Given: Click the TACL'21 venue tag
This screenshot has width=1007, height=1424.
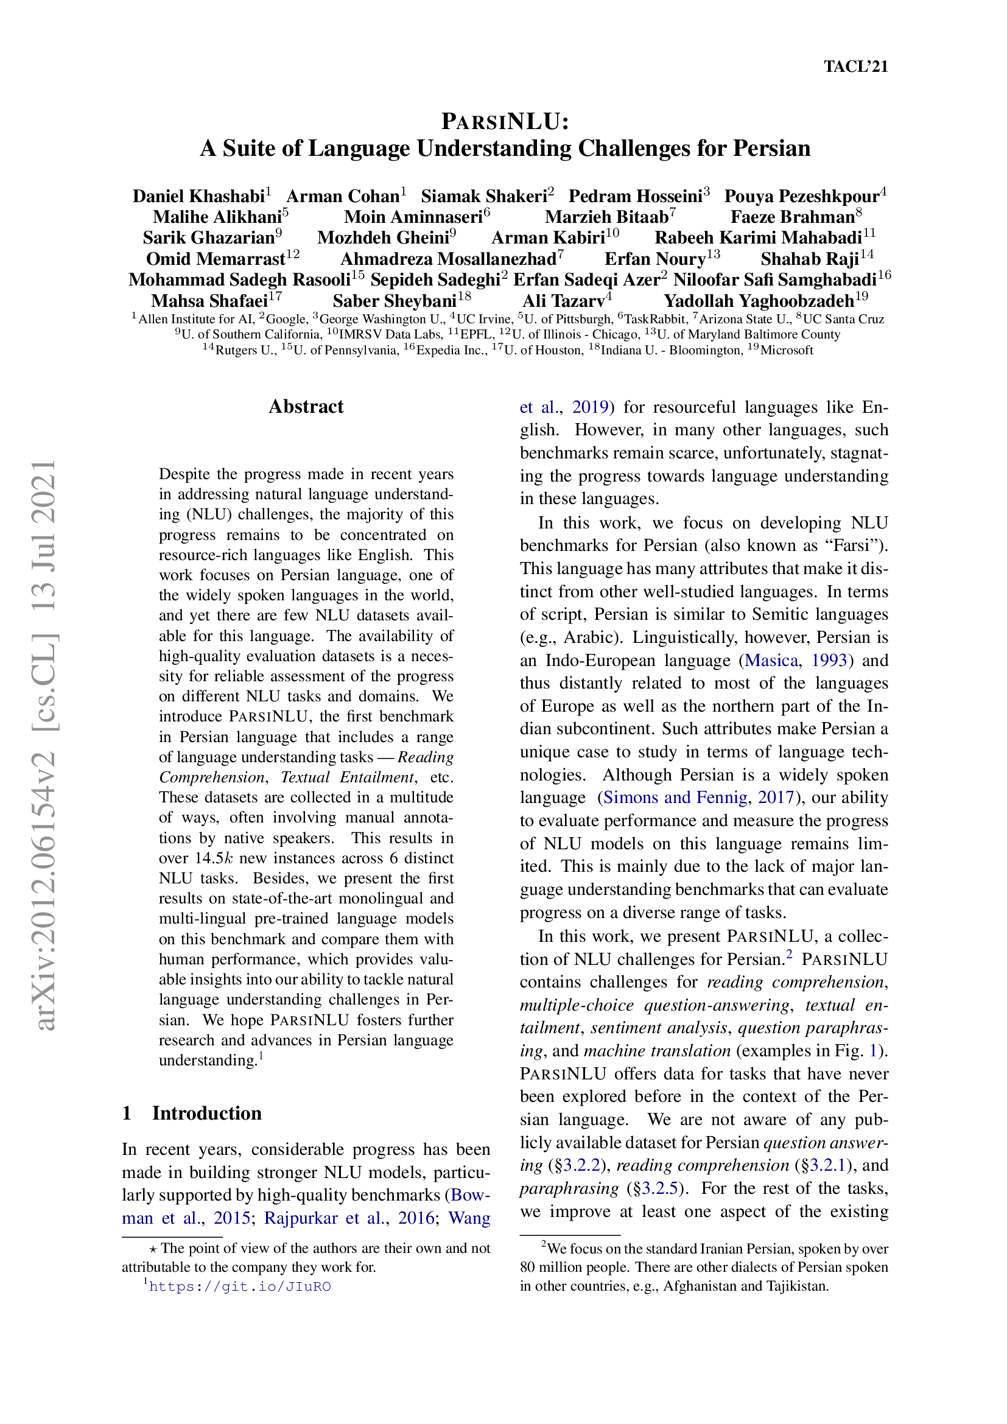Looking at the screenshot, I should (x=855, y=66).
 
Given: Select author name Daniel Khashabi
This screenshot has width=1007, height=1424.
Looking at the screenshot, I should (x=198, y=197).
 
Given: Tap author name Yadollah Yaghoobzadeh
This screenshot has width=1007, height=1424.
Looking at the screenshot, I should (x=759, y=301).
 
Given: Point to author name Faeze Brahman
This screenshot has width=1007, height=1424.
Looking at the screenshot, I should (x=792, y=217).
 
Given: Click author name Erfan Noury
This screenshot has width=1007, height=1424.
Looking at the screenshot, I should (x=655, y=259).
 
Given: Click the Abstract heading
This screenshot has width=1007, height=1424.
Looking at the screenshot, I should (x=306, y=407).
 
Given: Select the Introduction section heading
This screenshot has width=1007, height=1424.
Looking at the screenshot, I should (x=206, y=1114).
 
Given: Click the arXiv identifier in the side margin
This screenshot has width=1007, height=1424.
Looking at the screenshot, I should (x=46, y=744).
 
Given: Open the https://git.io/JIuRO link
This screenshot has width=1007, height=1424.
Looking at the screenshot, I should (x=239, y=1287).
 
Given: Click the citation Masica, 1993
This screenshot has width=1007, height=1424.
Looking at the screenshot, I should (x=796, y=660).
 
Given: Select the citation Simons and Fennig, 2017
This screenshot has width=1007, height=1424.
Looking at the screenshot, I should (x=698, y=798).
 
